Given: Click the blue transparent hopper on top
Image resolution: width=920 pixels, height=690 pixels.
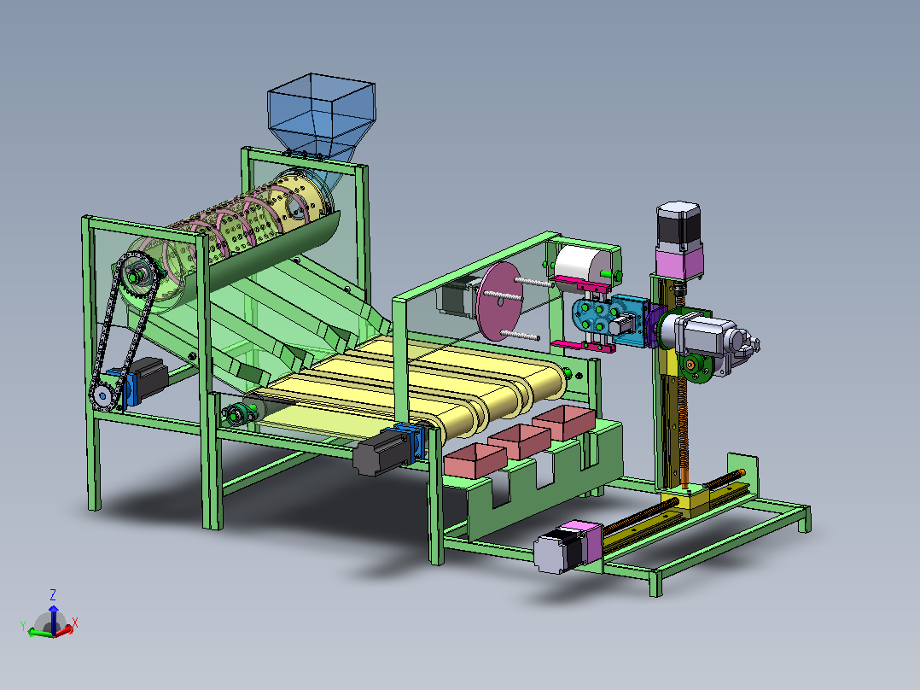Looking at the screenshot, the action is [321, 118].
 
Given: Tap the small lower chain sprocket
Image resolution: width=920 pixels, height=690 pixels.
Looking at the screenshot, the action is [102, 395].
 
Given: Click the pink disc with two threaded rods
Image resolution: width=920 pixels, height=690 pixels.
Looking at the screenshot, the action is [499, 301].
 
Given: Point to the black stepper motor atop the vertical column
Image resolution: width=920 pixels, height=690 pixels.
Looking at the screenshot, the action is [678, 225].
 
